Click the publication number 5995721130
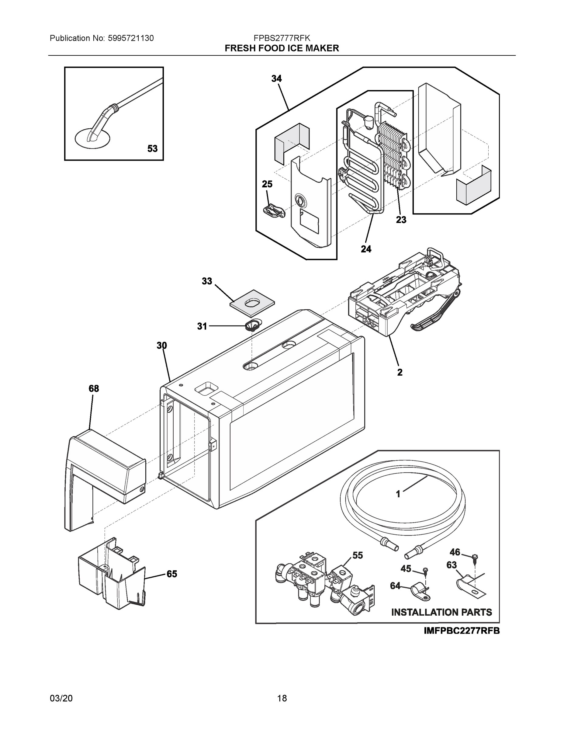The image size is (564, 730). click(131, 38)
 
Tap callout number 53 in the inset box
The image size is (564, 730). click(152, 148)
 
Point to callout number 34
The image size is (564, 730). click(276, 79)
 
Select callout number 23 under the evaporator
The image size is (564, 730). click(401, 220)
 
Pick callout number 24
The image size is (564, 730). click(366, 249)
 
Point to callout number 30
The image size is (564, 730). click(162, 345)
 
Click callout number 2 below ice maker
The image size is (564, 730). click(400, 372)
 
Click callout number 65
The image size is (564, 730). click(172, 574)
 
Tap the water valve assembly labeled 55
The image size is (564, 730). click(321, 585)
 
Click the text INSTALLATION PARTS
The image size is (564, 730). click(441, 612)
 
